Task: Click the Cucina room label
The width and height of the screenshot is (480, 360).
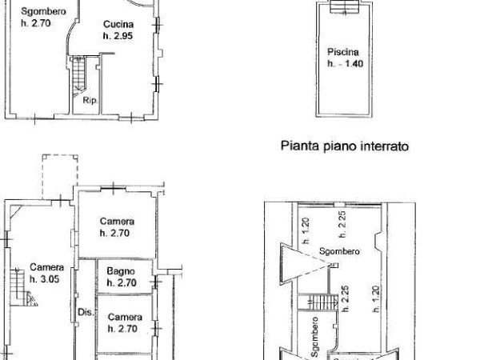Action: tap(117, 25)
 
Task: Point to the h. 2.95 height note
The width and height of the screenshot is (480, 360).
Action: tap(117, 37)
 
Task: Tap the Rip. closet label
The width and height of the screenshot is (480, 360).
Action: tap(90, 102)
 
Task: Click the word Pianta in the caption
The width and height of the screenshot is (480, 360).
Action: tap(295, 146)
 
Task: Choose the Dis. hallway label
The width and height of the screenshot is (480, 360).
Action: tap(85, 312)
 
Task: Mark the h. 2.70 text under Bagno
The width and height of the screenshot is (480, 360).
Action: tap(122, 282)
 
